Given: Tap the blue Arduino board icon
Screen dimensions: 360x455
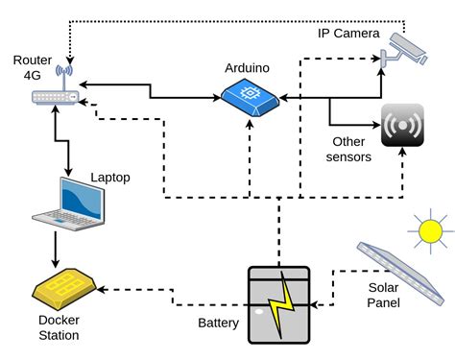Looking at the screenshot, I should tap(249, 96).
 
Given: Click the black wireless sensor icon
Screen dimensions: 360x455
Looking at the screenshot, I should tap(402, 125).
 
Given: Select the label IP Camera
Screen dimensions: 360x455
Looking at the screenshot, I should tap(347, 34).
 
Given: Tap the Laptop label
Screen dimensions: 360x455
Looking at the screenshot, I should tap(109, 178).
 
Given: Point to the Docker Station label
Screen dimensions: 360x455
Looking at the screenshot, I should tap(59, 327).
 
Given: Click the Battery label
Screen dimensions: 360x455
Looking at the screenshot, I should tap(217, 323).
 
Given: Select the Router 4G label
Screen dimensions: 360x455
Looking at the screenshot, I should tap(26, 68).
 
